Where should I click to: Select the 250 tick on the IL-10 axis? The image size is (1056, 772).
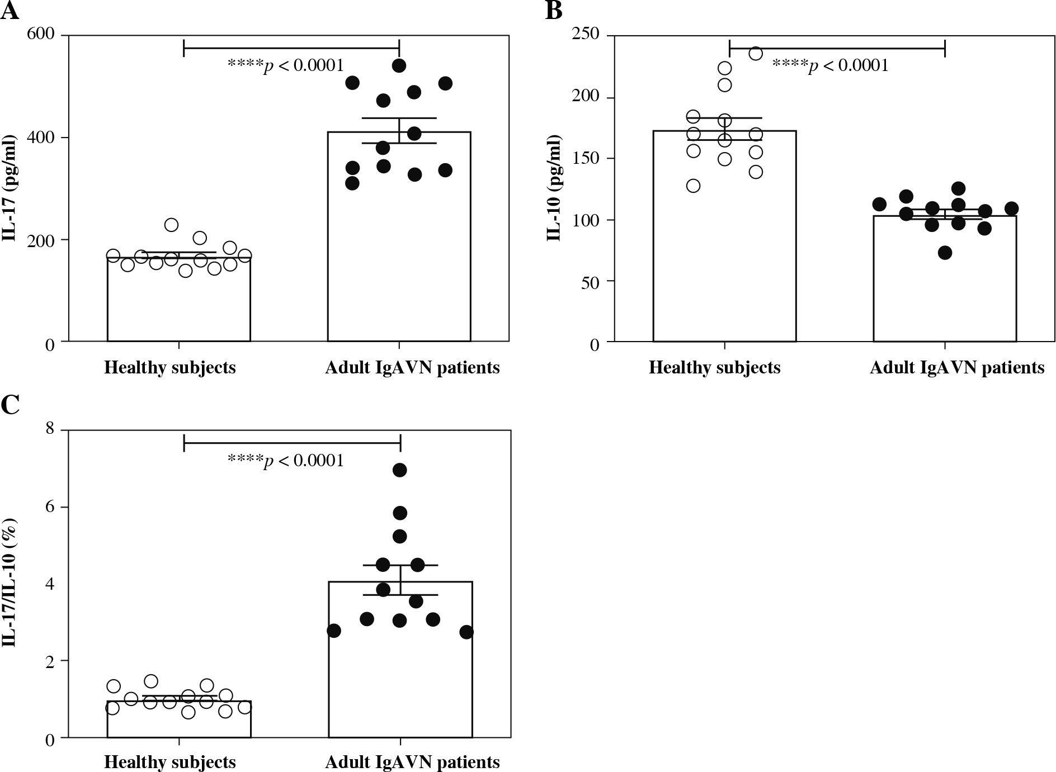tap(587, 35)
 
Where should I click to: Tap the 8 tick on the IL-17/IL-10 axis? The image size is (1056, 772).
tap(50, 429)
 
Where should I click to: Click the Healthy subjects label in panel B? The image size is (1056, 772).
tap(714, 368)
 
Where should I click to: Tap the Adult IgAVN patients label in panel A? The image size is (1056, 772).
tap(412, 368)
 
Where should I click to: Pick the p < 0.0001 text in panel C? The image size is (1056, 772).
tap(285, 461)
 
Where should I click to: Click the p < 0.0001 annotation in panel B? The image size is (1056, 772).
tap(830, 66)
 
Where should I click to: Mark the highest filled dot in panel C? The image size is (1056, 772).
tap(399, 470)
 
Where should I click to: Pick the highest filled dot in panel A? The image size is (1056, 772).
tap(399, 65)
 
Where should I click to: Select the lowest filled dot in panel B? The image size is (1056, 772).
tap(945, 253)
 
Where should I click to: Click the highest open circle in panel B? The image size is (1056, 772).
tap(756, 54)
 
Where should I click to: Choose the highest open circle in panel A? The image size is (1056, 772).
tap(171, 225)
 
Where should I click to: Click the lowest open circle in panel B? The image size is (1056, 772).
tap(693, 186)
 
